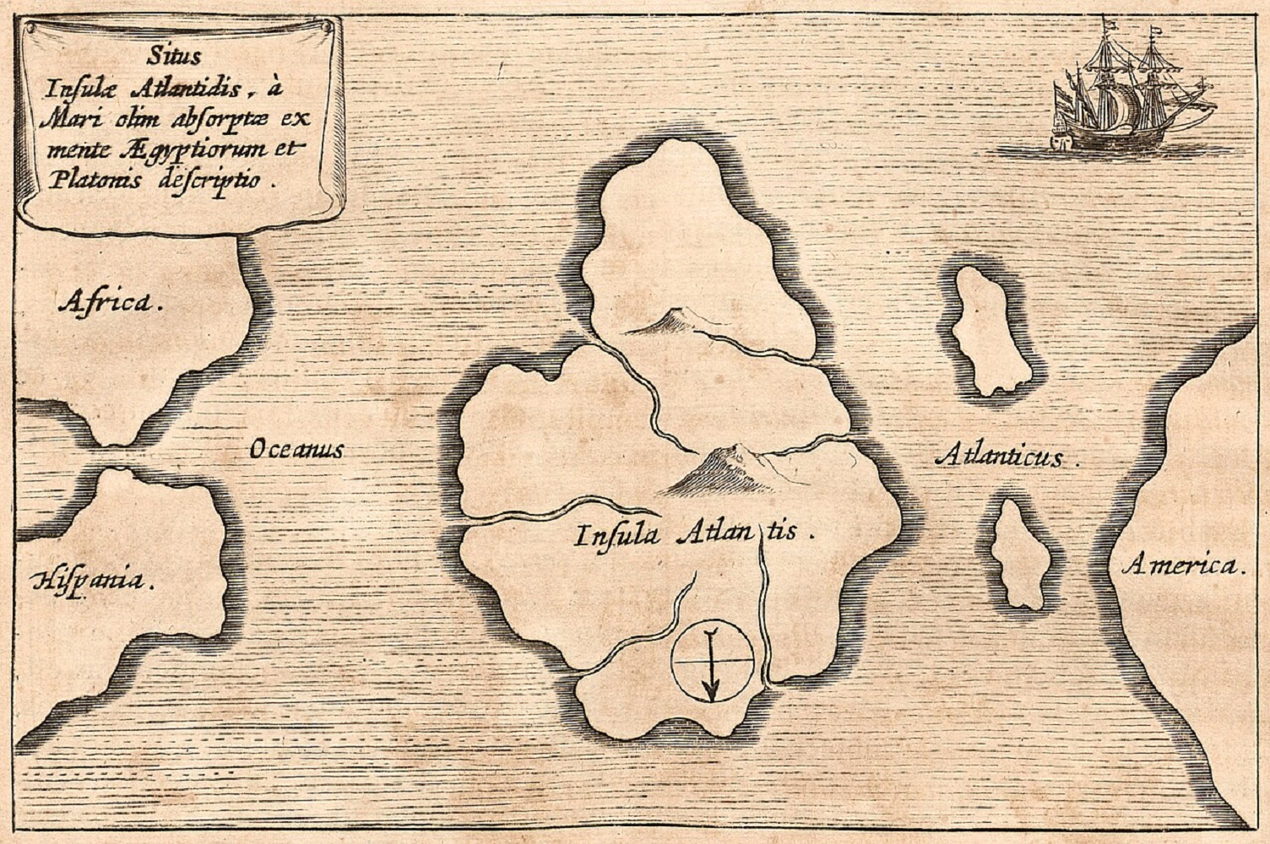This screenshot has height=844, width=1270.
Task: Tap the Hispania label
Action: (92, 580)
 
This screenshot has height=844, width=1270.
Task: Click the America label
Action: (1182, 565)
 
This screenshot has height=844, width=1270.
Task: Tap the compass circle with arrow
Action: (712, 661)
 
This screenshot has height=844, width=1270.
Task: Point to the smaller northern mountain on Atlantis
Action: (667, 322)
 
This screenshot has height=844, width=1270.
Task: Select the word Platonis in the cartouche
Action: (80, 179)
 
